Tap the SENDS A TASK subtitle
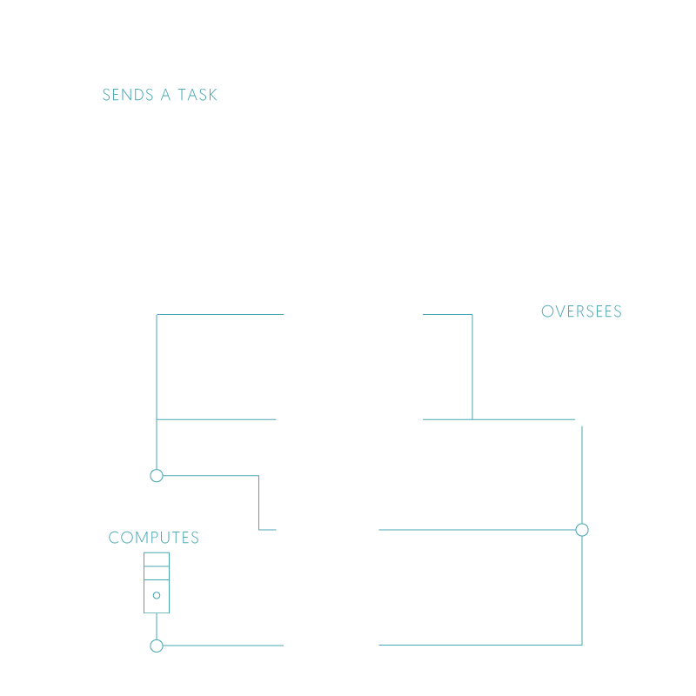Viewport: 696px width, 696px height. [160, 95]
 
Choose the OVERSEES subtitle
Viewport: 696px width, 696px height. [581, 311]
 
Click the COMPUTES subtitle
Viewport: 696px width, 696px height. [154, 538]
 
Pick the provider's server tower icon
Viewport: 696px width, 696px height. [157, 582]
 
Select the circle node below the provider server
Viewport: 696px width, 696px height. [157, 646]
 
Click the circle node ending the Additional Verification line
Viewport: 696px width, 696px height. [582, 529]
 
